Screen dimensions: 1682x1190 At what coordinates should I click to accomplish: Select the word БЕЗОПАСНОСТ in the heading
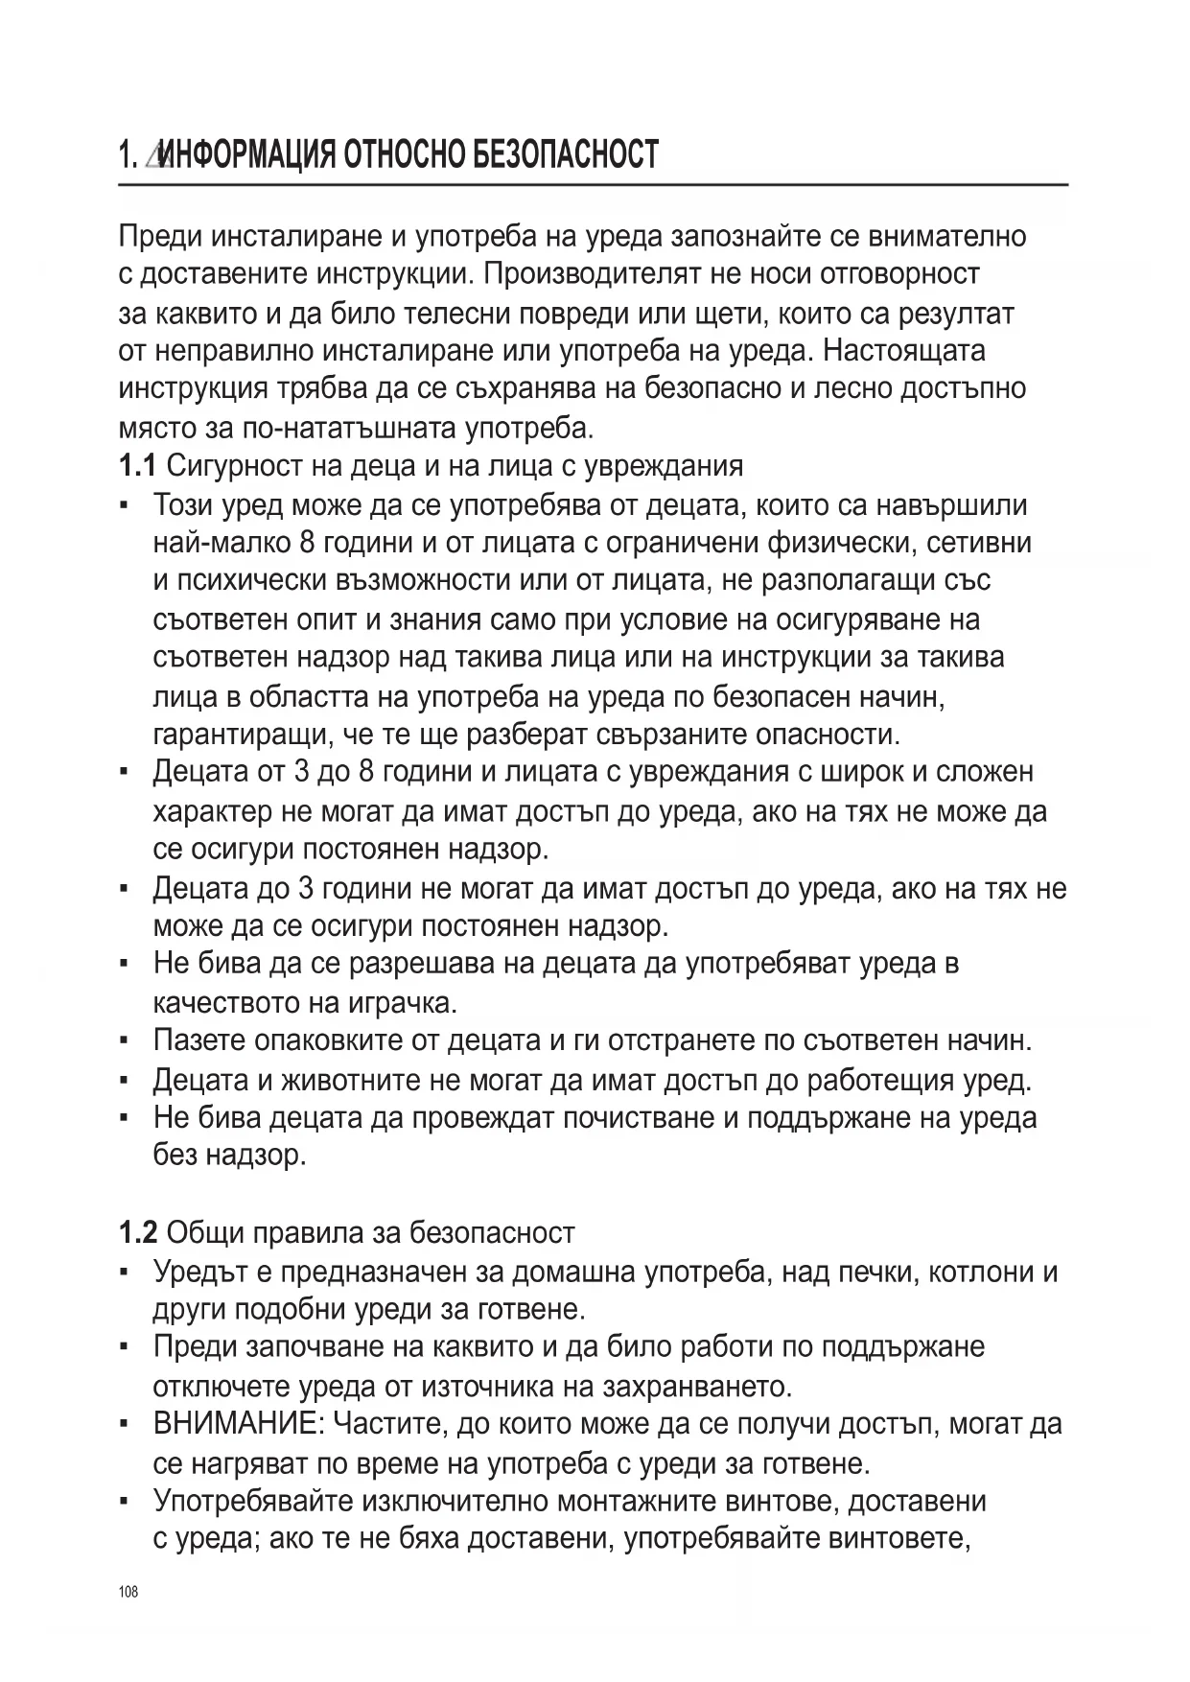pos(565,154)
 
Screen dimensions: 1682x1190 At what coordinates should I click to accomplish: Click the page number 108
pos(128,1593)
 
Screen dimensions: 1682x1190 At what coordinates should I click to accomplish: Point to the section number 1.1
pos(137,466)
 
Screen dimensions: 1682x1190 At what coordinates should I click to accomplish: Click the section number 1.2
pos(138,1232)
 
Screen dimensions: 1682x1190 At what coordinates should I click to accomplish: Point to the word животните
pos(351,1080)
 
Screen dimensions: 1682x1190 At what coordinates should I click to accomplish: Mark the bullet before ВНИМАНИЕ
pos(126,1424)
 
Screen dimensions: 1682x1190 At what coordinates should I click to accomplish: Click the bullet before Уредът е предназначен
pos(126,1272)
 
